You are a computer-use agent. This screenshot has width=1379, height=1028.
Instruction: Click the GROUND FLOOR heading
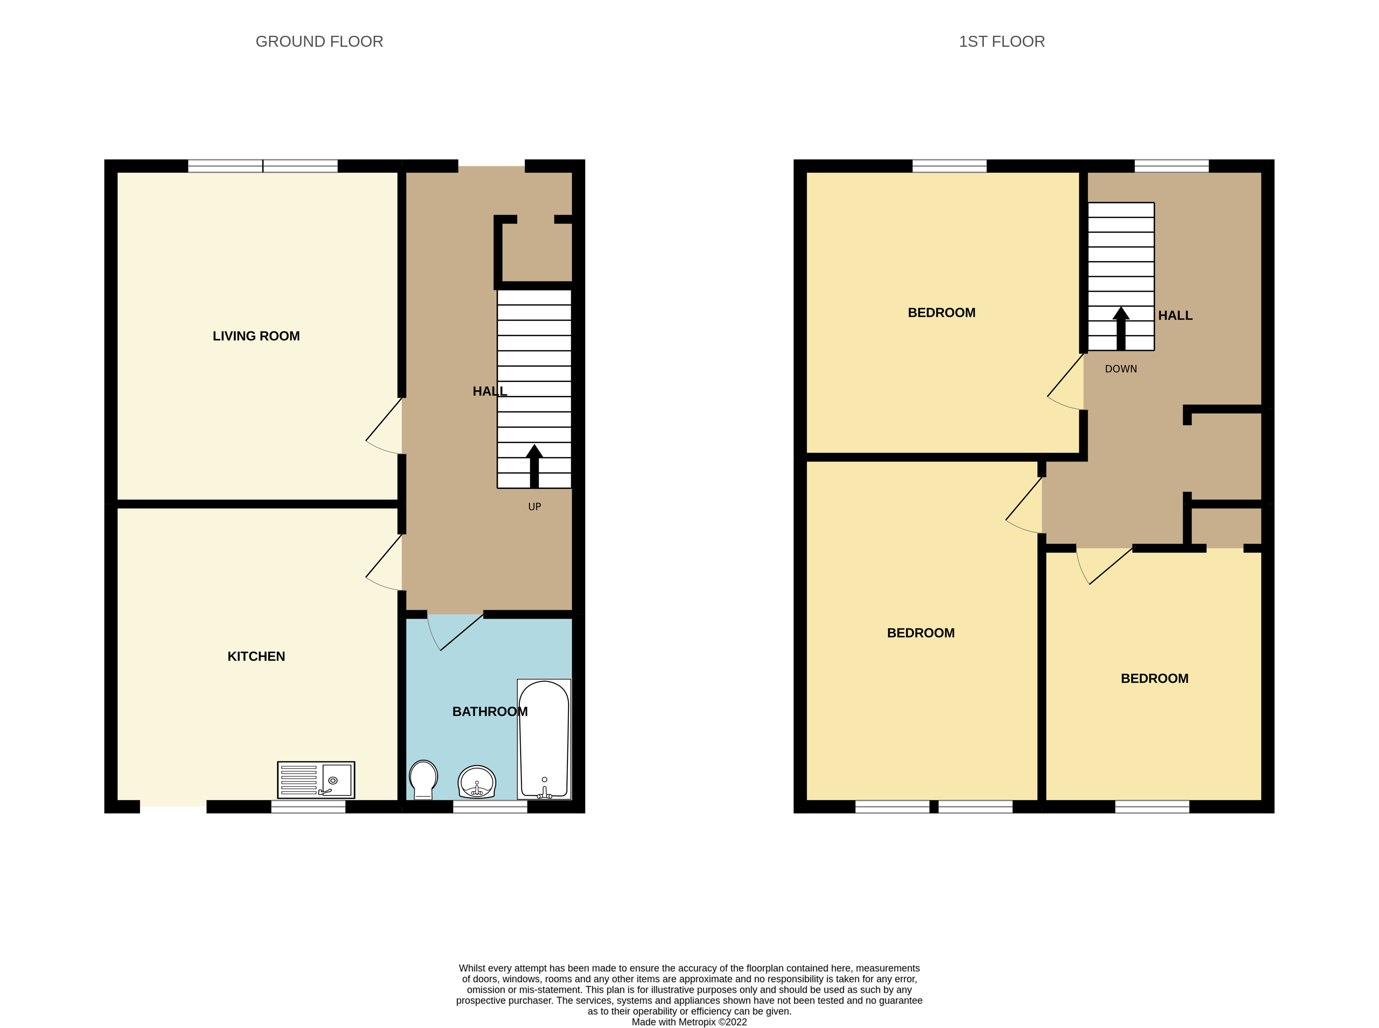[319, 42]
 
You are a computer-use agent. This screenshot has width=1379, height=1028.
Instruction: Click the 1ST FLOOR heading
[1002, 42]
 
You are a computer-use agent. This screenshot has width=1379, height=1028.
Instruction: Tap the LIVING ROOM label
[256, 336]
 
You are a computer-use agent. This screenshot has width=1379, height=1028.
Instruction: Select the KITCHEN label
[256, 656]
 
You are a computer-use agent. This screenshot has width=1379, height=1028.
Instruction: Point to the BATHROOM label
[490, 711]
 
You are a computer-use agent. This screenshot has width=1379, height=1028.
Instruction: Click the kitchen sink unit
[316, 780]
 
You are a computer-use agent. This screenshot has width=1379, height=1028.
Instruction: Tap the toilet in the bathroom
[423, 778]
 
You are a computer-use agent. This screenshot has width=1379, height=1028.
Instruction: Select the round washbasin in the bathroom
[477, 781]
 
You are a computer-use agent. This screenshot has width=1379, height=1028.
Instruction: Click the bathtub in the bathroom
[544, 739]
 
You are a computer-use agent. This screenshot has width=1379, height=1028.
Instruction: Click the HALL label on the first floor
[1175, 315]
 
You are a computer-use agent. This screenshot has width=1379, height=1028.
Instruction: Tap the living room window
[263, 166]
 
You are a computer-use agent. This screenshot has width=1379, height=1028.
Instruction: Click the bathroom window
[490, 807]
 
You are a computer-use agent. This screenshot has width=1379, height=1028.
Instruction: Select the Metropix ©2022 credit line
[689, 1022]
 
